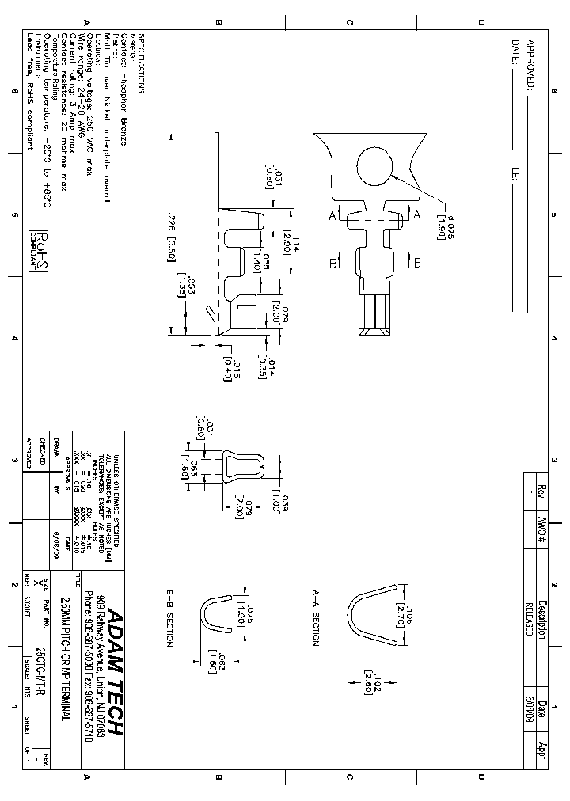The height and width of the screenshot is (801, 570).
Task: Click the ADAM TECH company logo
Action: pyautogui.click(x=114, y=672)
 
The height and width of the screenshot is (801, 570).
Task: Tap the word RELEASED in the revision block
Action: pyautogui.click(x=529, y=613)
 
